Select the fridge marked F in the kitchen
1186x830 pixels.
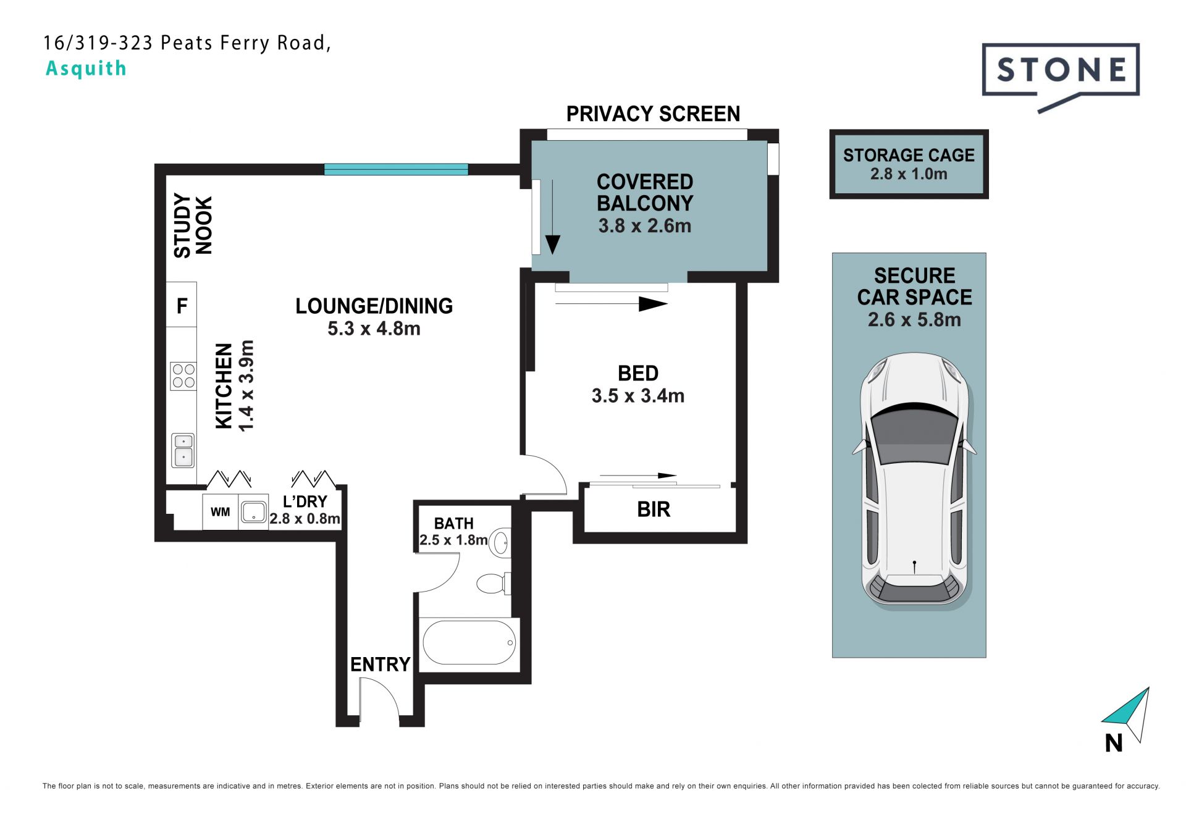(182, 304)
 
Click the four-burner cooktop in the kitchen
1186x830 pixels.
(183, 376)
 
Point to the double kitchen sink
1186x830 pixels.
(183, 450)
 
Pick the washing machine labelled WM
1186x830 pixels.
(221, 512)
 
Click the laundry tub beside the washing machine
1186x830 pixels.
(253, 512)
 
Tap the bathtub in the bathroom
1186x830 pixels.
(469, 643)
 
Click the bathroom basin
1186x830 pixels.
(502, 543)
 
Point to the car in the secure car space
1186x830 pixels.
(914, 480)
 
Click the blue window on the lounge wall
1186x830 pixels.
(396, 169)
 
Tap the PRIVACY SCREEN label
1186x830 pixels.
(653, 114)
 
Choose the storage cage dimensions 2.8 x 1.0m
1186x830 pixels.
(909, 174)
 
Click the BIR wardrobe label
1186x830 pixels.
(654, 509)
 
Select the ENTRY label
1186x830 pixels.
(381, 664)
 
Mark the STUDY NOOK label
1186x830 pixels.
(193, 225)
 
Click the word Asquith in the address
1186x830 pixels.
(86, 69)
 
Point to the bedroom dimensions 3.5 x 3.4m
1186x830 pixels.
(638, 396)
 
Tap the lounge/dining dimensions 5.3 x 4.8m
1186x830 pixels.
(374, 329)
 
